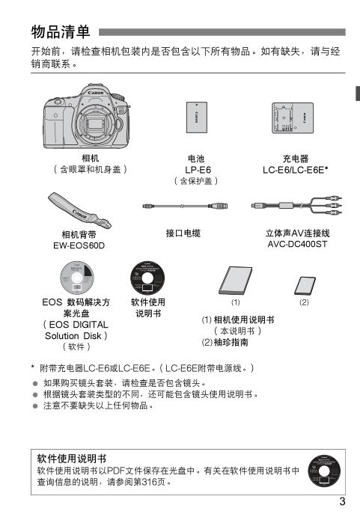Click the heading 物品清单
61,31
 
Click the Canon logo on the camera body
96,93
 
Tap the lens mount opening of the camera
97,123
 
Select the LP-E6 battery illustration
197,117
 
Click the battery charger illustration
293,118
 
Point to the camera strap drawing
79,210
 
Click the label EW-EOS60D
79,245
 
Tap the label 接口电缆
183,233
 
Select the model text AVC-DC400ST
297,244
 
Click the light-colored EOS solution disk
77,278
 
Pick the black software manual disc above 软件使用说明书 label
147,278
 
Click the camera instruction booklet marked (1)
236,281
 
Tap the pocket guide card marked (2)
305,286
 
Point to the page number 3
342,501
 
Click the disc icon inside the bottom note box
324,471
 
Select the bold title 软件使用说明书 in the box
71,459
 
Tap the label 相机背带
79,234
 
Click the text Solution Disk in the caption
73,336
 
